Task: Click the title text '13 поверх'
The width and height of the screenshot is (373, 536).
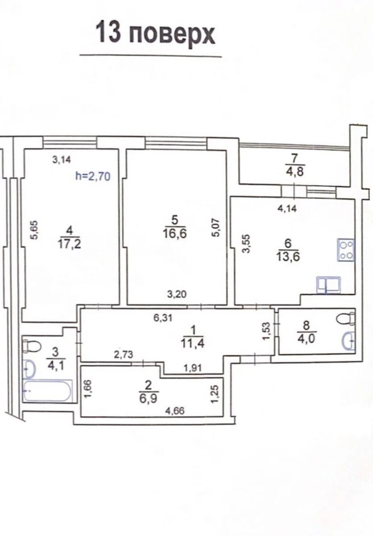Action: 155,34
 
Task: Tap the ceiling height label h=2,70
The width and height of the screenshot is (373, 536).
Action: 92,176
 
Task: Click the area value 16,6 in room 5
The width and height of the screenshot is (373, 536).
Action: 174,233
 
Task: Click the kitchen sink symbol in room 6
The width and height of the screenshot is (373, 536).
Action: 329,285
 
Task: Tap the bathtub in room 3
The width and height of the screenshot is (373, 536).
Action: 47,391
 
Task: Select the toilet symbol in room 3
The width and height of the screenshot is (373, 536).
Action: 31,345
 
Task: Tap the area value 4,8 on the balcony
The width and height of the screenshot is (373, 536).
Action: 294,171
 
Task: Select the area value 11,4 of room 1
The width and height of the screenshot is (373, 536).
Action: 193,343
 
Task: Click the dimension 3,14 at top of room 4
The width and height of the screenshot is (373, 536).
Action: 62,159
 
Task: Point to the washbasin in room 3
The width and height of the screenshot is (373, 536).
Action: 29,369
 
